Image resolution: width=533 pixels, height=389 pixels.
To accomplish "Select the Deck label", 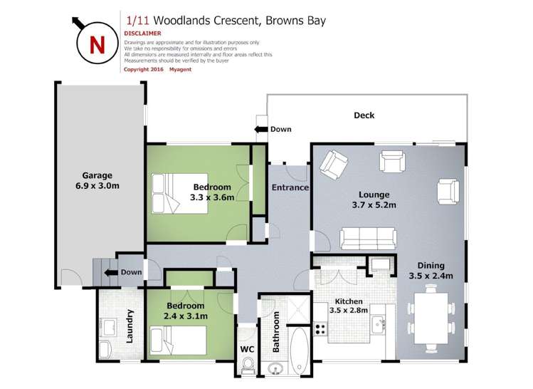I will [x=364, y=115].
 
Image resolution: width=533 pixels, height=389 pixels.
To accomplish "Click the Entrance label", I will [x=290, y=188].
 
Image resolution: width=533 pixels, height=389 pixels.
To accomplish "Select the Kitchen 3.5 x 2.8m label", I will [x=349, y=306].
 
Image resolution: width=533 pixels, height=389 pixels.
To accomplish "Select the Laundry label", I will [x=130, y=326].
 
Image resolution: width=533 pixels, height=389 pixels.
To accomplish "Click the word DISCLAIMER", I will [x=142, y=33].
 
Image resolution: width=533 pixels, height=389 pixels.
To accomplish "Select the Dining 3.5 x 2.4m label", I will [x=431, y=270].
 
